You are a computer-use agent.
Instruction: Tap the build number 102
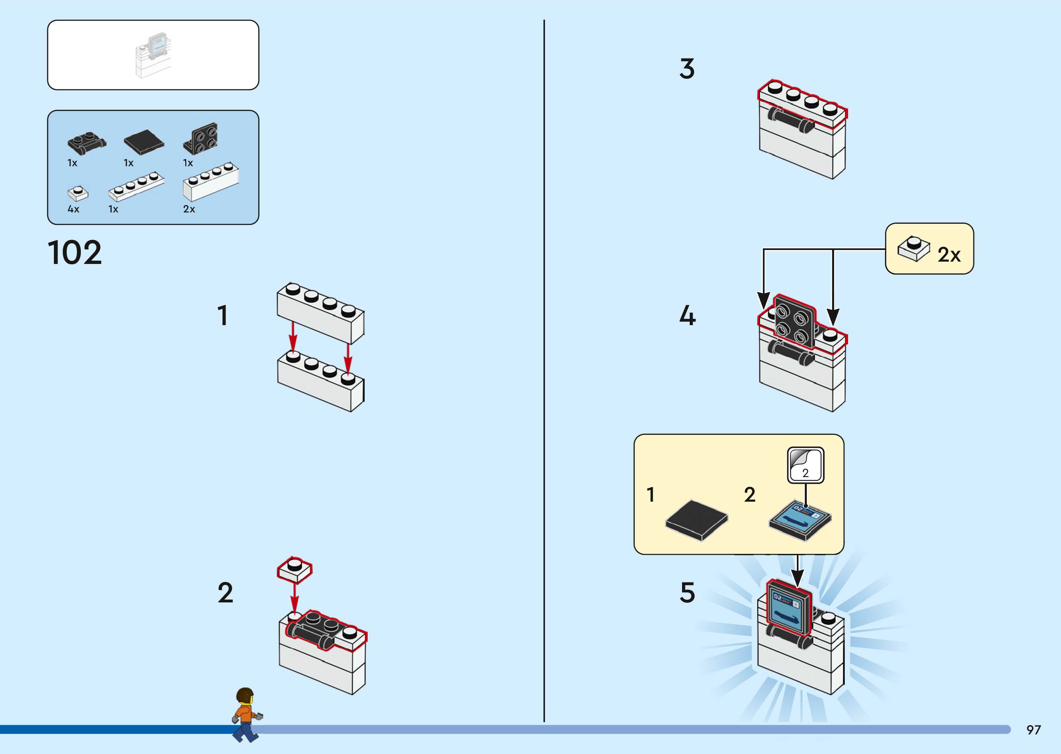coord(75,253)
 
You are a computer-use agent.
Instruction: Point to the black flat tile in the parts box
coord(144,142)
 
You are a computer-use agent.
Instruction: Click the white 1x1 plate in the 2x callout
coord(913,248)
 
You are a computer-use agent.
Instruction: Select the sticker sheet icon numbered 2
coord(805,465)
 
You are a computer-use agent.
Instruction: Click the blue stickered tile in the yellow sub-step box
coord(800,520)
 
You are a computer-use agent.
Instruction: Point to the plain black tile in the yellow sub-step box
coord(696,520)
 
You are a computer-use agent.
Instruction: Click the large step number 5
coord(687,593)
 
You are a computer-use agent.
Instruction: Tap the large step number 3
coord(687,69)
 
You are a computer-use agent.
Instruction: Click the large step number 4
coord(687,316)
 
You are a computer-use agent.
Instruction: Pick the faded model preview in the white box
coord(154,55)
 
